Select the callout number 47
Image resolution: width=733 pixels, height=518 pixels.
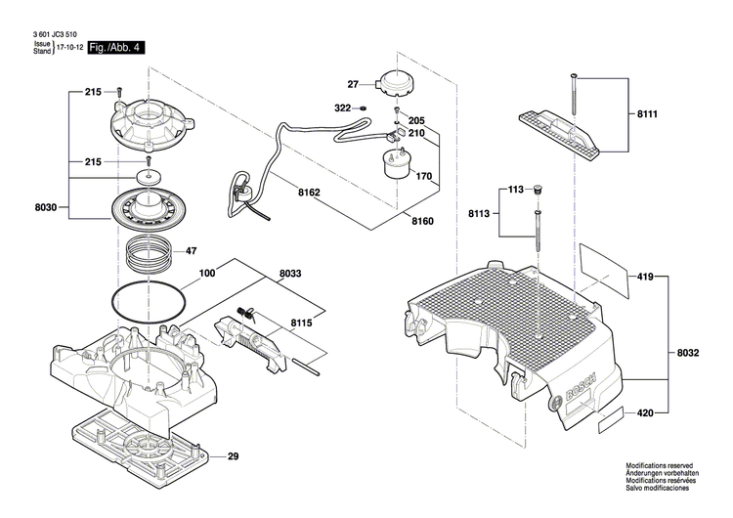click(x=192, y=251)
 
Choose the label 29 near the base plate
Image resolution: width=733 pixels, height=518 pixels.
click(x=233, y=457)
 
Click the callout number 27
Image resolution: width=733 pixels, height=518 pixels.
click(x=353, y=84)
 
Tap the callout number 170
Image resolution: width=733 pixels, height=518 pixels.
click(x=423, y=177)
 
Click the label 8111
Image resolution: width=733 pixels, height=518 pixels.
click(x=647, y=114)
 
